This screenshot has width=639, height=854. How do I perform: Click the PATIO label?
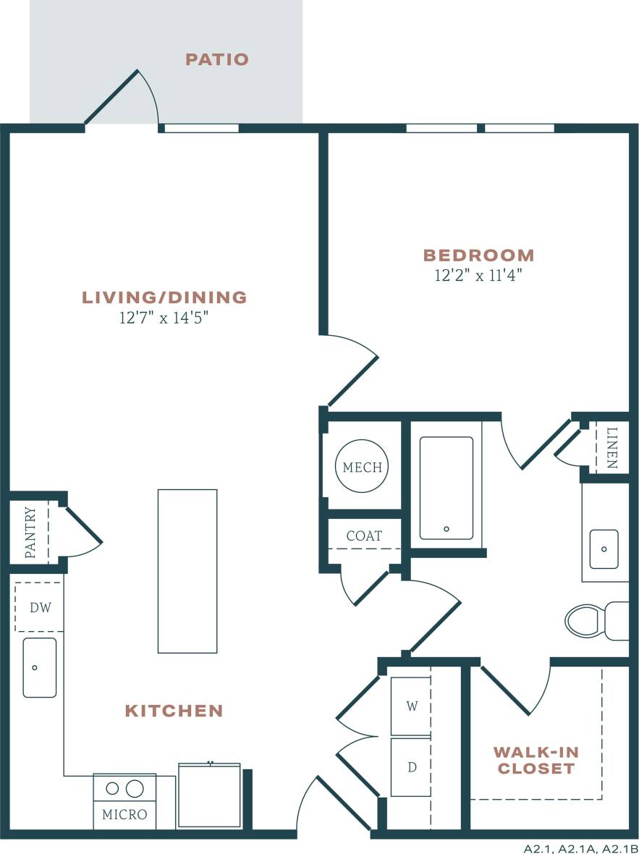[217, 59]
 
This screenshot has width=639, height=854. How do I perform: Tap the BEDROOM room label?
[478, 255]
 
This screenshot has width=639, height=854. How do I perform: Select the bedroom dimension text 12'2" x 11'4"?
[478, 275]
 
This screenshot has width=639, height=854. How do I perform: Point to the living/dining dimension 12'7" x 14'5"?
[164, 318]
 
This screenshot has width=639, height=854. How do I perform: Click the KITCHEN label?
[174, 711]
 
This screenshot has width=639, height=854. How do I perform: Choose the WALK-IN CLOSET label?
[536, 760]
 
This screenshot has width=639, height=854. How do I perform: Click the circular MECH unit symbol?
[362, 468]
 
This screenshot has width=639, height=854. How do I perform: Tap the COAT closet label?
[364, 536]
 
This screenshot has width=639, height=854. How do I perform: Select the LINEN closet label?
[612, 448]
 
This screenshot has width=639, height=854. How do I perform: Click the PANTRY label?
[30, 533]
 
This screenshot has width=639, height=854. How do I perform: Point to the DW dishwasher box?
[40, 607]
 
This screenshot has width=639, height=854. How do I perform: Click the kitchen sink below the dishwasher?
[39, 667]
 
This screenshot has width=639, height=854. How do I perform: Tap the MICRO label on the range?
[124, 814]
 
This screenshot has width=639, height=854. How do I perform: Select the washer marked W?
[411, 706]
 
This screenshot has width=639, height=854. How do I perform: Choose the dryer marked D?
[411, 767]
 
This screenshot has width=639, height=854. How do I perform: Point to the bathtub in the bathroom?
[447, 488]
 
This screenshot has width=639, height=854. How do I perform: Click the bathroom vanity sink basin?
[604, 549]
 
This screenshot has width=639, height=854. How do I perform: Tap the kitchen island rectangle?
[187, 571]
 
